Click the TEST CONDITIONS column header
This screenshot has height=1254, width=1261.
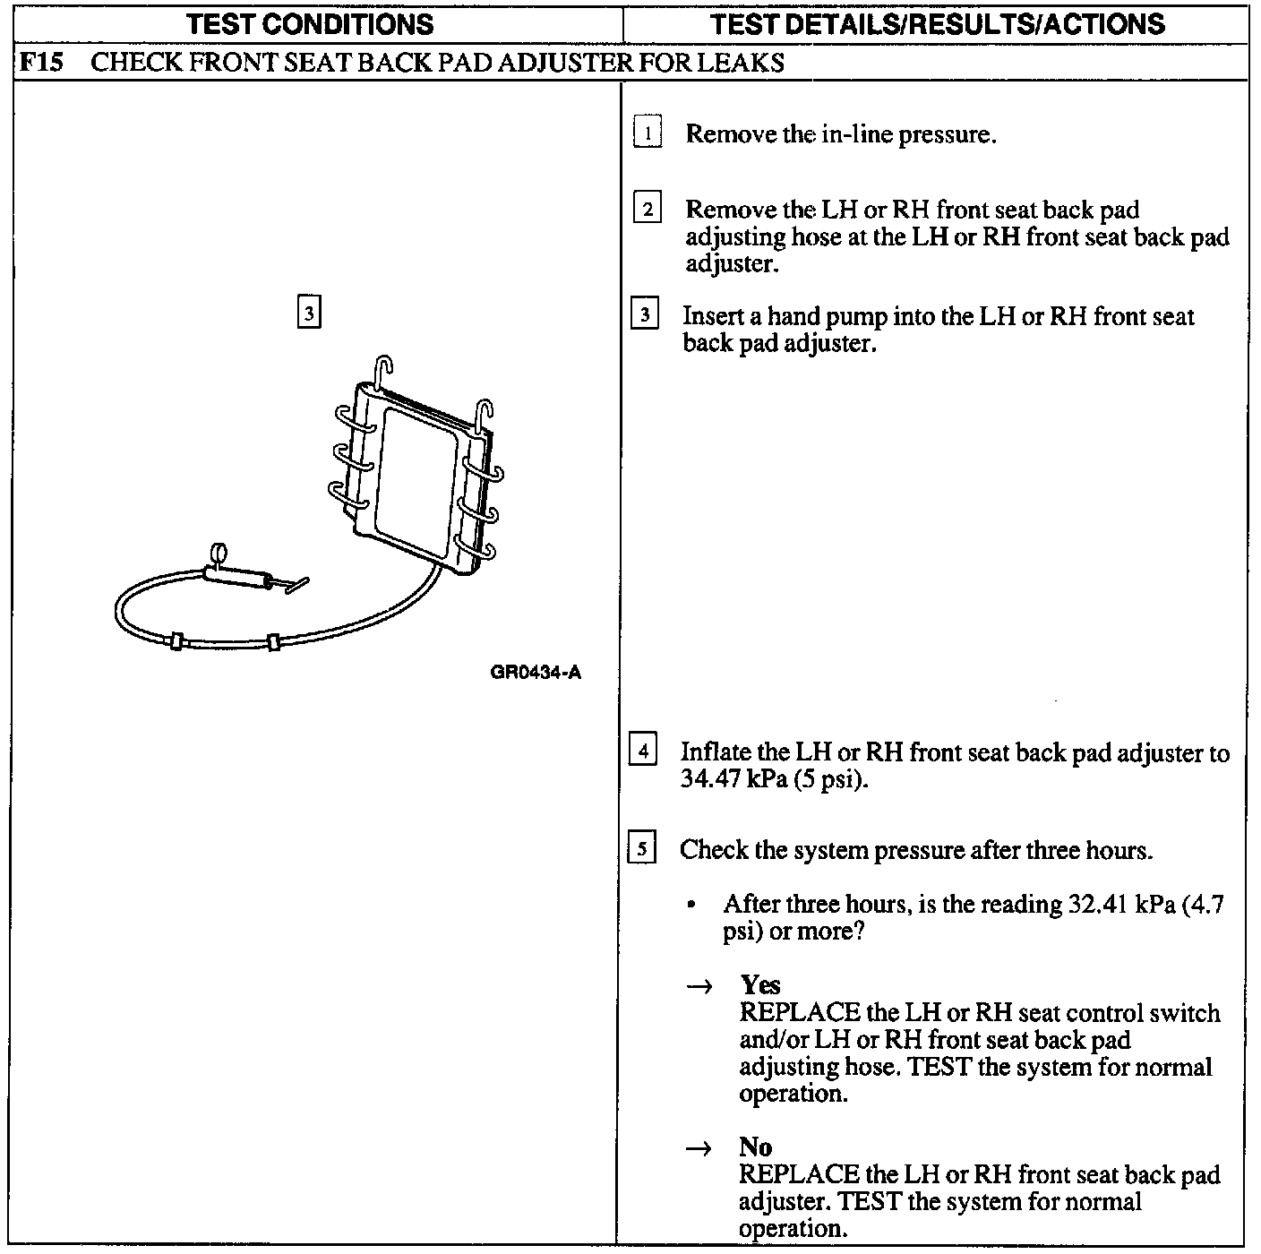pyautogui.click(x=310, y=24)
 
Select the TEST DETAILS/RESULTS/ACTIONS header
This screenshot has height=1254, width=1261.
pyautogui.click(x=937, y=24)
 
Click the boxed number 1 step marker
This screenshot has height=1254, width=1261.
pyautogui.click(x=647, y=133)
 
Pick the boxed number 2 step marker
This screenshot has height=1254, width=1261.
pyautogui.click(x=647, y=210)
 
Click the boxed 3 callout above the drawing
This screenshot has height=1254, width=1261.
pyautogui.click(x=308, y=313)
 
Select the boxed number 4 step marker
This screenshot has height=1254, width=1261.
pyautogui.click(x=643, y=749)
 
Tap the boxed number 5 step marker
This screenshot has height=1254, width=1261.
pyautogui.click(x=643, y=847)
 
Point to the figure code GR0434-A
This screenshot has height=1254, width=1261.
pyautogui.click(x=536, y=673)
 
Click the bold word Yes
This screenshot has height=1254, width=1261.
pyautogui.click(x=760, y=985)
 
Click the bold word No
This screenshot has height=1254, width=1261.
pyautogui.click(x=755, y=1147)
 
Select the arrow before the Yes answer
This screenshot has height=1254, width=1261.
pyautogui.click(x=699, y=987)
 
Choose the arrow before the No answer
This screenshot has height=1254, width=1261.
pyautogui.click(x=699, y=1148)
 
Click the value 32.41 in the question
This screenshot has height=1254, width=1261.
pyautogui.click(x=1097, y=904)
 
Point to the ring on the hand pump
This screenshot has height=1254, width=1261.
pyautogui.click(x=219, y=553)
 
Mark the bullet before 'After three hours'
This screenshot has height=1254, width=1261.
pyautogui.click(x=691, y=906)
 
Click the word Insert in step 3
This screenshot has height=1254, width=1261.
pyautogui.click(x=711, y=316)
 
